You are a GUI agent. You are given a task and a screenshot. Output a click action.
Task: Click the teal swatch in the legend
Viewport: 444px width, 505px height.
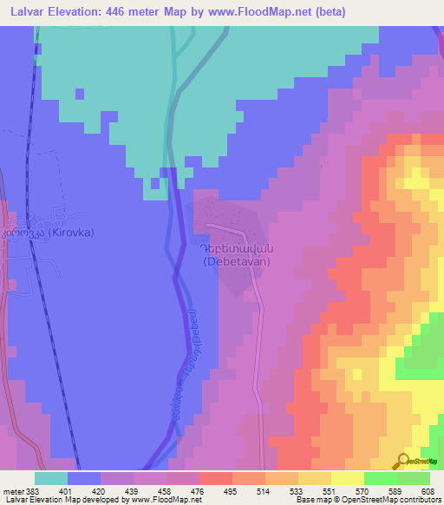coord(50,478)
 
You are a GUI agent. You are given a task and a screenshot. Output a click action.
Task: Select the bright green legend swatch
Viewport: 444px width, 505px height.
coord(381,478)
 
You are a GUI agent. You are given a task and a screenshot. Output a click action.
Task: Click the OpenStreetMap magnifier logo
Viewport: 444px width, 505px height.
coord(404,461)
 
